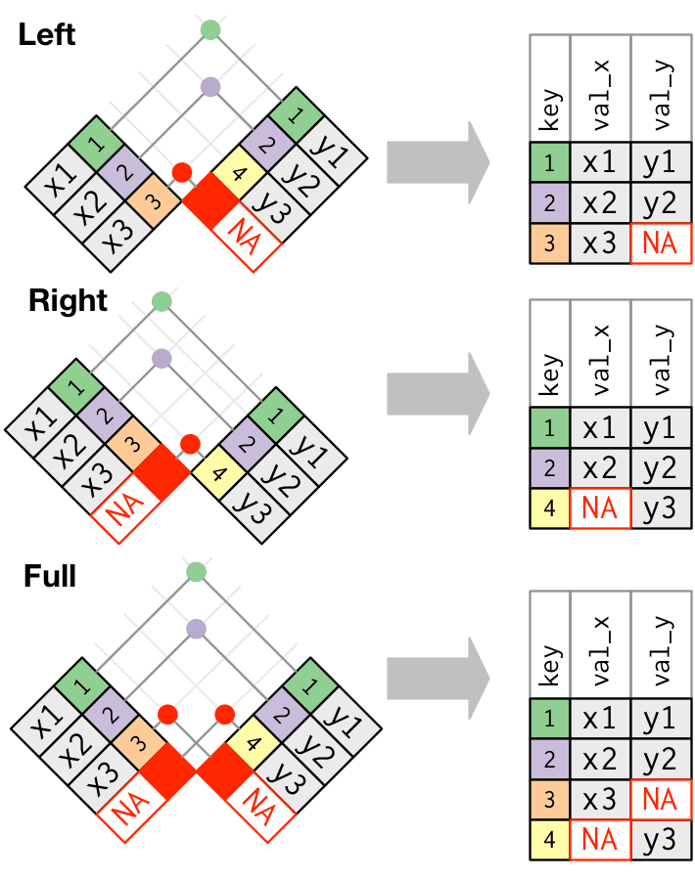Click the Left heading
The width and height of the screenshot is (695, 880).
(x=46, y=35)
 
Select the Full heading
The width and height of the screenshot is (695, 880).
(x=49, y=576)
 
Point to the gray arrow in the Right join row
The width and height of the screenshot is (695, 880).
(x=437, y=392)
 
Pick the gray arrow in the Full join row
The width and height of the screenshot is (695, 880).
(x=437, y=676)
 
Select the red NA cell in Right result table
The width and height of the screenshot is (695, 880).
(x=600, y=507)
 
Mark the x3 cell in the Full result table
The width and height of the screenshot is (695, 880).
(x=600, y=799)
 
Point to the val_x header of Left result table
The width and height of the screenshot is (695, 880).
(x=600, y=89)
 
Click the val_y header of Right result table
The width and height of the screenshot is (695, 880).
(x=661, y=353)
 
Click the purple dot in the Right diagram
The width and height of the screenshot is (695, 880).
(x=162, y=358)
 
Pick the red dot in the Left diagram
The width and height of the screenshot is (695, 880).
(x=181, y=173)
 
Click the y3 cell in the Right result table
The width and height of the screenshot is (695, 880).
(x=661, y=507)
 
